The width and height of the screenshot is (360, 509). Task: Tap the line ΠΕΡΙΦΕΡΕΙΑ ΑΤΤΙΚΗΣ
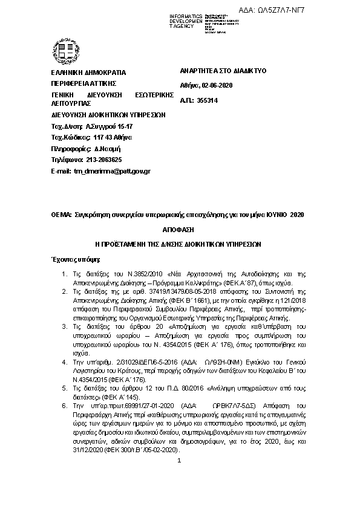[x=83, y=83]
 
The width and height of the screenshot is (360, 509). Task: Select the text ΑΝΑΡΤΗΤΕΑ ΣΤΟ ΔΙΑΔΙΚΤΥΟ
[x=223, y=71]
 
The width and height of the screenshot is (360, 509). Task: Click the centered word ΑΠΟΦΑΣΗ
[x=179, y=231]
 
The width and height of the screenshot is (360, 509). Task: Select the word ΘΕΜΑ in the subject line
[x=61, y=215]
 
